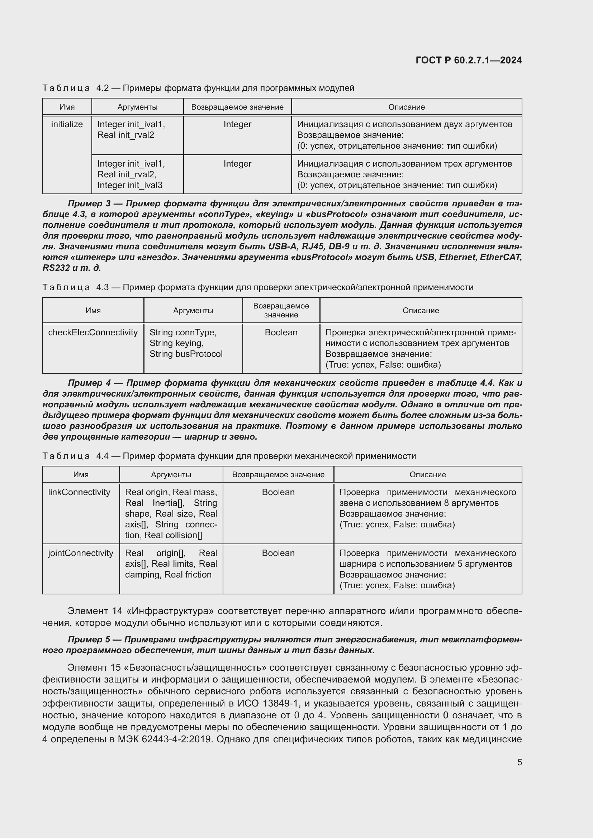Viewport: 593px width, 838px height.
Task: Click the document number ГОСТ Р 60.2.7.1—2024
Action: coord(469,60)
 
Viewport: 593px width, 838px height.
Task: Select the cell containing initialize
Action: coord(67,124)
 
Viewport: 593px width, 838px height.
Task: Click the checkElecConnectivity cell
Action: coord(93,332)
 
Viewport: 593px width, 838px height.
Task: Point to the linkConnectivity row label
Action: coord(79,492)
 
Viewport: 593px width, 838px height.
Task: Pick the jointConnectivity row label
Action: coord(81,553)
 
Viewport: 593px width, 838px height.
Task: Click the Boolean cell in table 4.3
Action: coord(281,332)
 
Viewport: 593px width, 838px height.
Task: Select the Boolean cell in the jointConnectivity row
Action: coord(278,553)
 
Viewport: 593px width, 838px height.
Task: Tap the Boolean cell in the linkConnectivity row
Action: coord(278,492)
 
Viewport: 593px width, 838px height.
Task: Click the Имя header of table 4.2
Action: coord(67,107)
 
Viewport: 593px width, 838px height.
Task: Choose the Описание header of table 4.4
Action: coord(428,474)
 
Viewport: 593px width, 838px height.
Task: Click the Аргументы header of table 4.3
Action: coord(193,311)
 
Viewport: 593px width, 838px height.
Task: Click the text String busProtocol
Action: coord(186,354)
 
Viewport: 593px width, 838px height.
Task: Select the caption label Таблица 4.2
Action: coord(76,88)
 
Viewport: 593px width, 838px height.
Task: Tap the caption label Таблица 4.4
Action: coord(76,456)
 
